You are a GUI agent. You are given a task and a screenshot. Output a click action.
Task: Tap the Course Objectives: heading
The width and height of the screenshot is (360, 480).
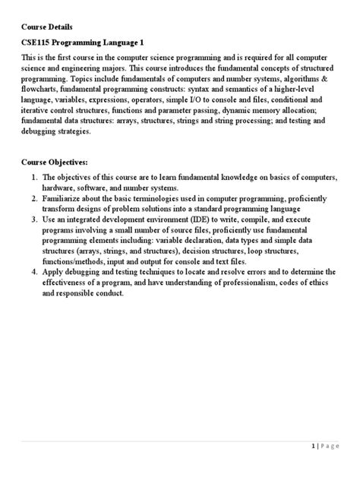coord(55,163)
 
